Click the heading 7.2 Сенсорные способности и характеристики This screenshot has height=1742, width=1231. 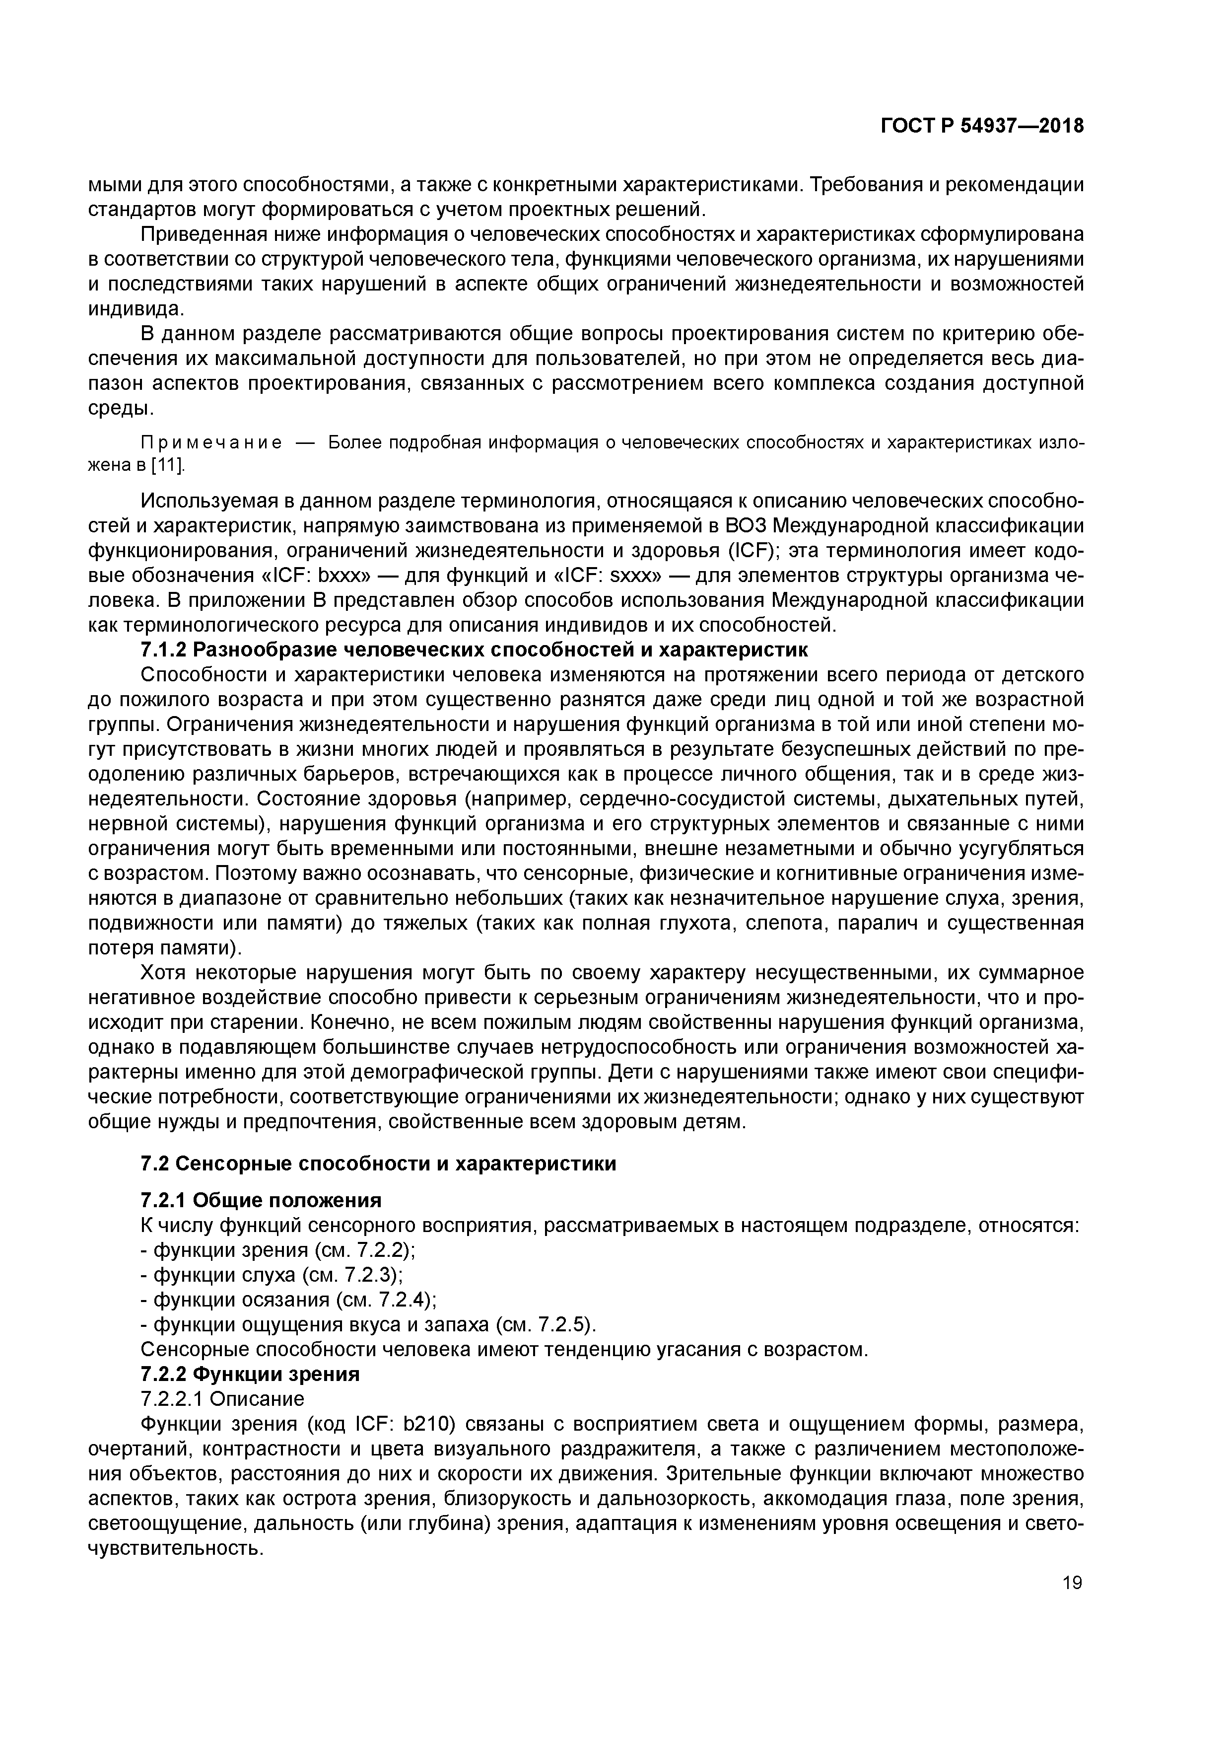[378, 1164]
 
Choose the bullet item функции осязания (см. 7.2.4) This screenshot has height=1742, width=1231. [289, 1300]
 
